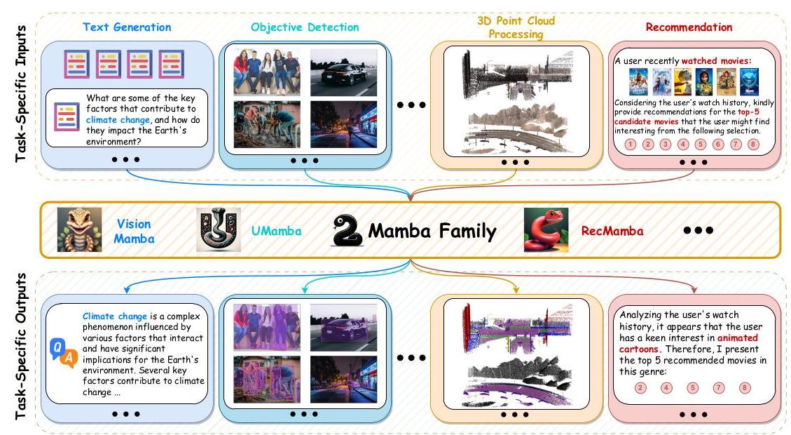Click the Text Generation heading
tap(126, 27)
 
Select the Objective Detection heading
tap(305, 27)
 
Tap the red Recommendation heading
tap(689, 27)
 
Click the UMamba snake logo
tap(219, 229)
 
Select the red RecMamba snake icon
tap(545, 229)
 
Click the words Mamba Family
tap(432, 231)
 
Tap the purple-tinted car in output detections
tap(343, 326)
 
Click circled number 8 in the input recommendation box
tap(753, 145)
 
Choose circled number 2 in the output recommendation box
tap(639, 387)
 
